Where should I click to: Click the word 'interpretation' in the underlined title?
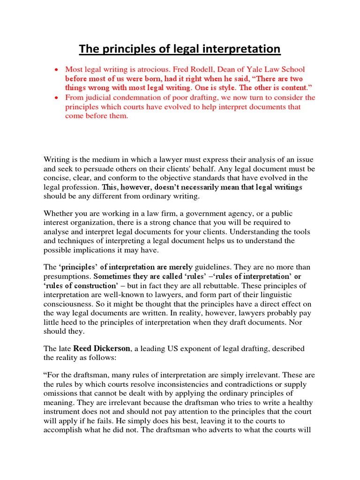[245, 49]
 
